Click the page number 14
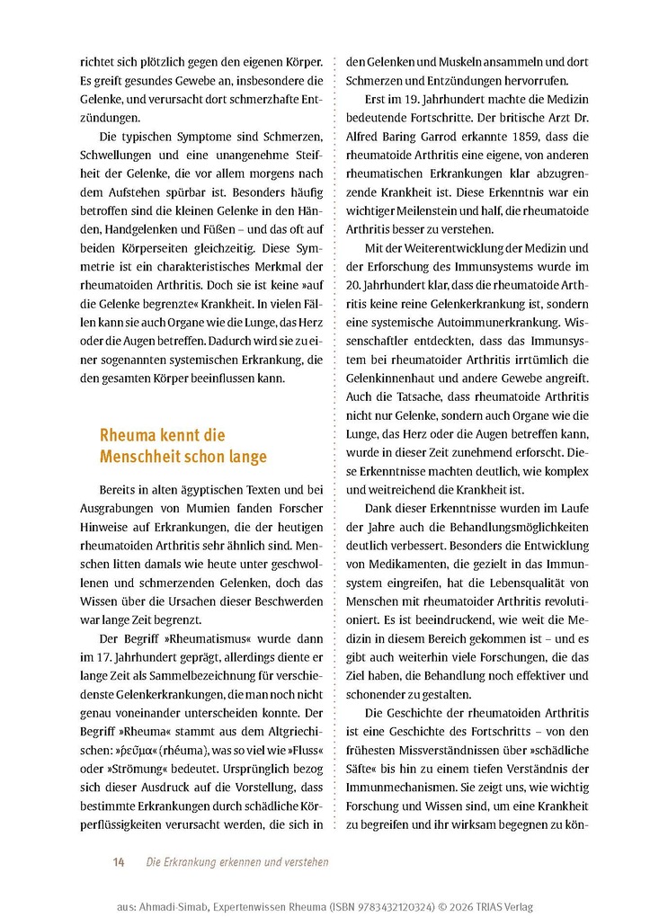[118, 862]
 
